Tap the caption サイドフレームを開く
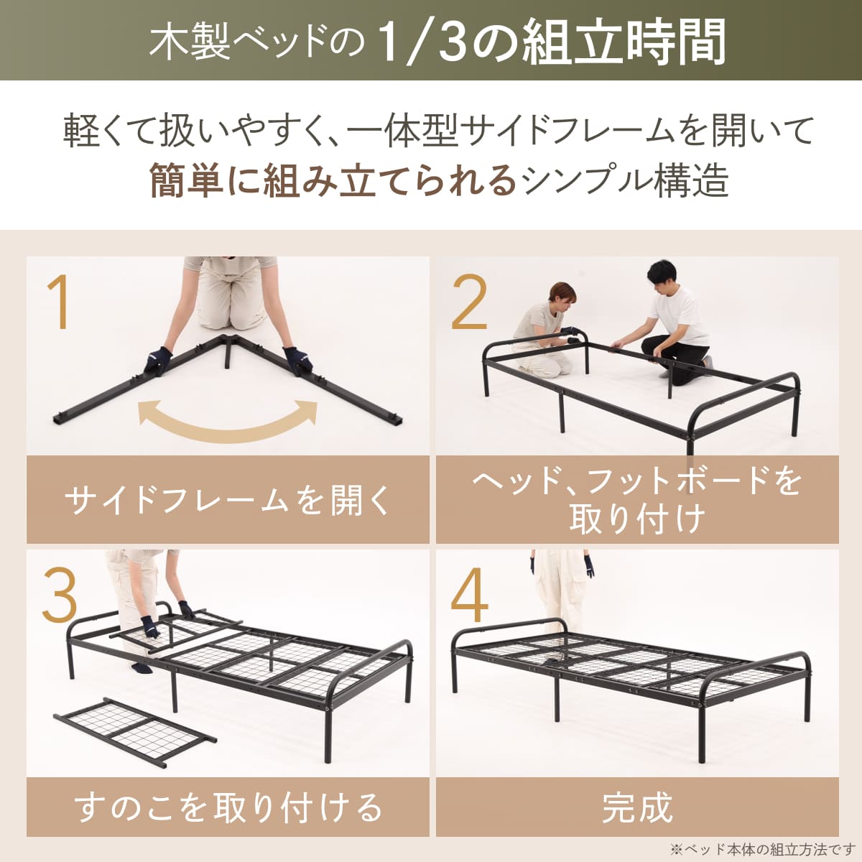click(x=228, y=500)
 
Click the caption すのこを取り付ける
click(x=228, y=808)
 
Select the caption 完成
click(x=637, y=808)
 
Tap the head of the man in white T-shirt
click(x=662, y=276)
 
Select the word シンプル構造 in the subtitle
click(x=625, y=181)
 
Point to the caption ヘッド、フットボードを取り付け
click(x=637, y=500)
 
